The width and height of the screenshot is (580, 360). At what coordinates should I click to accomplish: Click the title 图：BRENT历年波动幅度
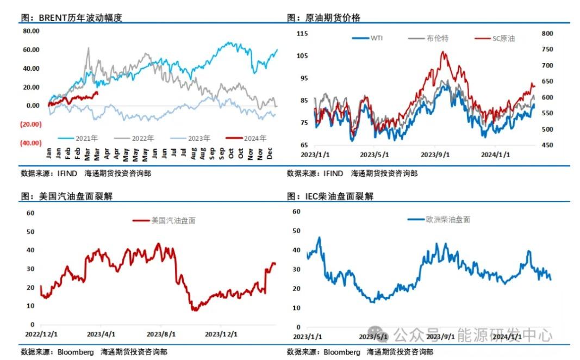tap(71, 17)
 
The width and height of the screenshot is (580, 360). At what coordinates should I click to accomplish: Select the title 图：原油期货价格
tap(323, 17)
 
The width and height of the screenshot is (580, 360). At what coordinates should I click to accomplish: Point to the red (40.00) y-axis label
tap(30, 142)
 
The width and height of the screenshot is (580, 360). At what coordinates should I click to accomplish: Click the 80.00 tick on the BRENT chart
tap(31, 31)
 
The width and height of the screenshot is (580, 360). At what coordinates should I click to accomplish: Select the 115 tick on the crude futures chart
tap(302, 34)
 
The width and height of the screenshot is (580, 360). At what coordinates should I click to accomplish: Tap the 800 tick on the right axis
tap(547, 34)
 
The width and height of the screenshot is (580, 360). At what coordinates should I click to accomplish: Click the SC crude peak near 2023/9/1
tap(444, 52)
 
